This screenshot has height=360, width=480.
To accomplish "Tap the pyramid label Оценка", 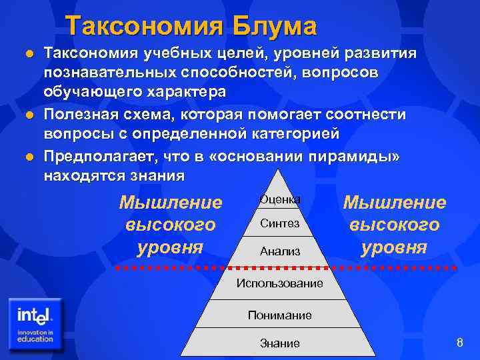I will point(280,199).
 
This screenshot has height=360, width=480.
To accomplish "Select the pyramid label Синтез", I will point(280,224).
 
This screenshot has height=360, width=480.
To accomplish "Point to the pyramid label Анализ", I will point(280,252).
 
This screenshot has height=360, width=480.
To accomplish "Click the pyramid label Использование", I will point(280,283).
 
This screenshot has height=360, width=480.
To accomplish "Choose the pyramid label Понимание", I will point(280,315).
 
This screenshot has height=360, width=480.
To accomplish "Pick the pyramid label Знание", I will point(280,343).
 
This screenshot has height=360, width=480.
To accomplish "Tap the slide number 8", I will point(459,343).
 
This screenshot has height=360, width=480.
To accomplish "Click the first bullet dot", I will point(28,53).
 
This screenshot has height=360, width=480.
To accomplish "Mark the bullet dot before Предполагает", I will point(28,157).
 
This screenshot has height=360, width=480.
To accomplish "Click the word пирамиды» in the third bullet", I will point(369,157).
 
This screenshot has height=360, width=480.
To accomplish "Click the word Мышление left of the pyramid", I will point(170,203).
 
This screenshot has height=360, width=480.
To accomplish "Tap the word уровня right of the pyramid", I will point(394,247).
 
